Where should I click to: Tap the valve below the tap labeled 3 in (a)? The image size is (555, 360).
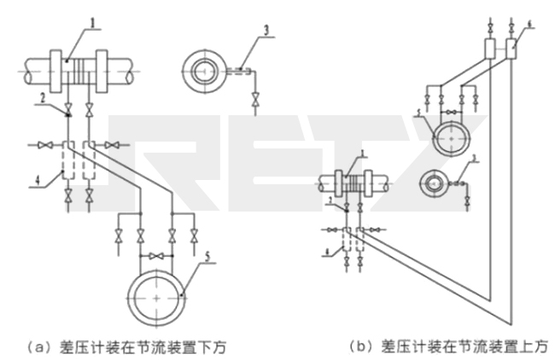253,104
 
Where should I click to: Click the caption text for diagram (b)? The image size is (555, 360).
448,345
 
